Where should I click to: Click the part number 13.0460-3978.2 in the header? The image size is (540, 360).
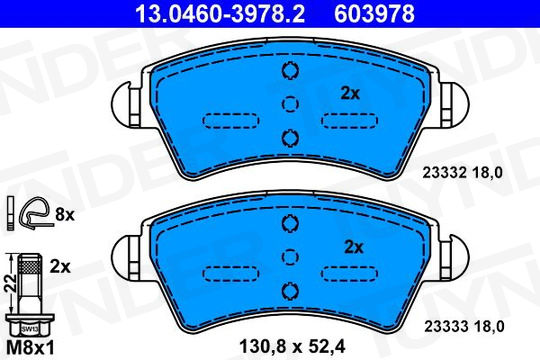click(220, 14)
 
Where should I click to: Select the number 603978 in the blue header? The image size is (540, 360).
click(374, 14)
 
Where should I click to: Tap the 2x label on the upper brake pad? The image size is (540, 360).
click(350, 93)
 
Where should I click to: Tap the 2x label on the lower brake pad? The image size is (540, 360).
click(354, 247)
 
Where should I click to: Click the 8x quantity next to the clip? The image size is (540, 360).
click(65, 215)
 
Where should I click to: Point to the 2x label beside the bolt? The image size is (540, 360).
click(60, 267)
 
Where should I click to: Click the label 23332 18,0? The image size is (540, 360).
click(463, 173)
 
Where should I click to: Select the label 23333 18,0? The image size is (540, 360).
click(464, 326)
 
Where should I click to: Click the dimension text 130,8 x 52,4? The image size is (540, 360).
click(292, 346)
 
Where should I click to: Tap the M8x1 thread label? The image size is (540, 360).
click(30, 348)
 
